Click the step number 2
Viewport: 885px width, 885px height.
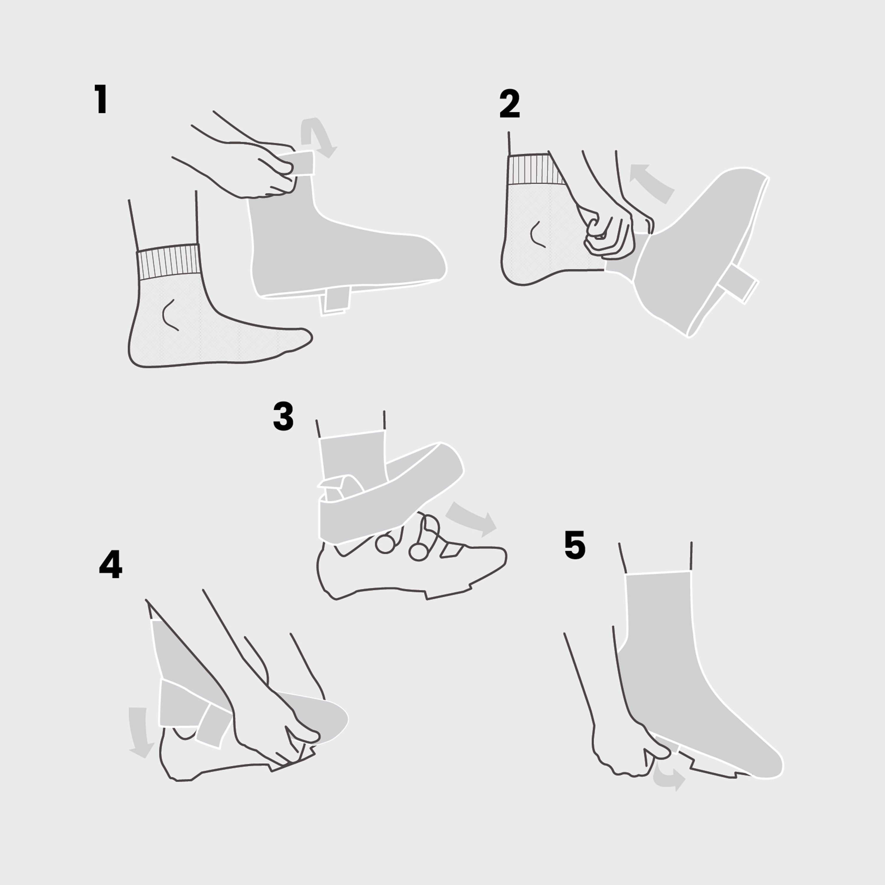(509, 104)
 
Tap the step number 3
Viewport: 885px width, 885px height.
(283, 416)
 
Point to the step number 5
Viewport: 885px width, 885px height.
(575, 545)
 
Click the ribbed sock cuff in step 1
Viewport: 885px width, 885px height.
(168, 262)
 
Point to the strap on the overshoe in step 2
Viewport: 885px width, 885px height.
(738, 284)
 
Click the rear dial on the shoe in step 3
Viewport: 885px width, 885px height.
(385, 544)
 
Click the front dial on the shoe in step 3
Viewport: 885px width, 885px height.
(418, 552)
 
